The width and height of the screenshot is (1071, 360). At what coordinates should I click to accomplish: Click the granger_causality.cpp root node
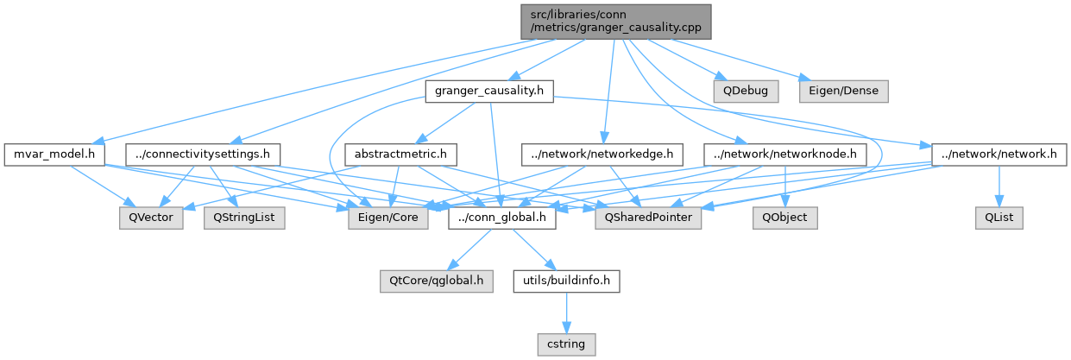click(x=616, y=21)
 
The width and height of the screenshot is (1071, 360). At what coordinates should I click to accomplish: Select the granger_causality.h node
click(x=488, y=91)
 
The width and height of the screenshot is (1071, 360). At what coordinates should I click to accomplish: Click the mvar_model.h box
click(x=54, y=155)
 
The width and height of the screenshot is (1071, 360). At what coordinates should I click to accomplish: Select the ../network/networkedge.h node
click(x=602, y=155)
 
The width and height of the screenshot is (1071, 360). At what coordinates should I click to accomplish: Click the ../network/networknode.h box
click(x=784, y=155)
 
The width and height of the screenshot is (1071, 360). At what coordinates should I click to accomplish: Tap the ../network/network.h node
click(x=998, y=155)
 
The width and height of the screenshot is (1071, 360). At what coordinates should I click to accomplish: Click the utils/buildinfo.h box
click(x=566, y=281)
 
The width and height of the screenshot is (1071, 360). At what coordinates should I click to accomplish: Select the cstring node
click(x=566, y=344)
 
